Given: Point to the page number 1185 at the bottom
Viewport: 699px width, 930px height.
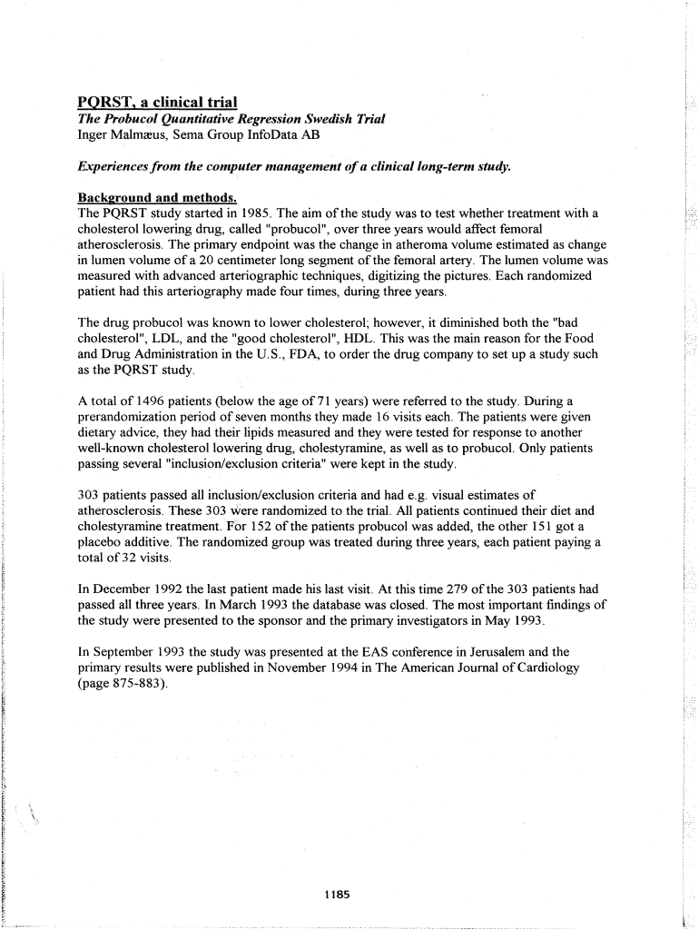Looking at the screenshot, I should (336, 895).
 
